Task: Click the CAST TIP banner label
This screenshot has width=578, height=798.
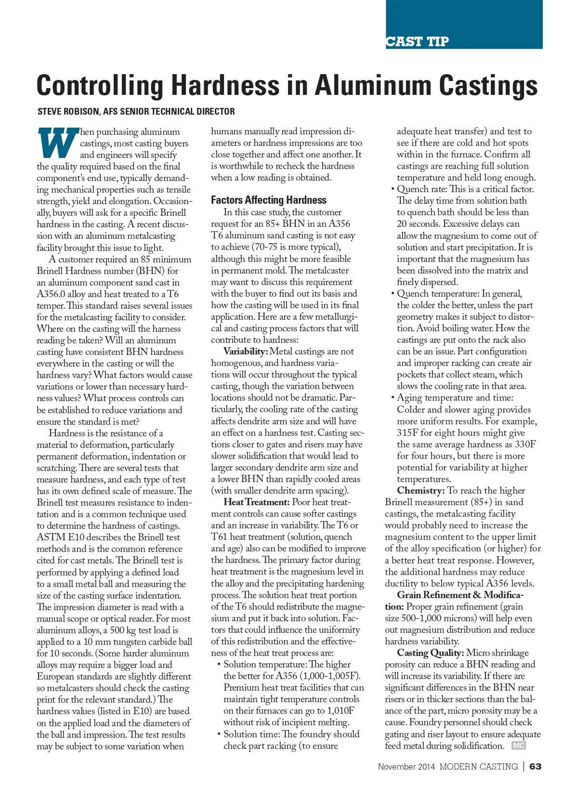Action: [x=417, y=42]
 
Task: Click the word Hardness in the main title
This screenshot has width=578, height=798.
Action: [x=225, y=85]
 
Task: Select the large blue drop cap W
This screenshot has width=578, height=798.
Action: [x=57, y=143]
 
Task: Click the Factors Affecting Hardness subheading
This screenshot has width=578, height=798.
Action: [x=268, y=200]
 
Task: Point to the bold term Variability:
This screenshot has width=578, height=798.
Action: [x=245, y=352]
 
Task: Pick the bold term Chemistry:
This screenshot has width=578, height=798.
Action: [x=420, y=490]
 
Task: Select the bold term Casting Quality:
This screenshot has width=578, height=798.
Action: [x=430, y=653]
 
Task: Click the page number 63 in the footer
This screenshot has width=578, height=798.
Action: [x=535, y=766]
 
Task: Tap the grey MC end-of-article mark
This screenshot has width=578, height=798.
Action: [x=518, y=746]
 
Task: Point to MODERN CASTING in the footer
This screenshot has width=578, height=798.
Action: [x=478, y=766]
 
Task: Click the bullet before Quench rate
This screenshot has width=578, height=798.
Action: [x=393, y=189]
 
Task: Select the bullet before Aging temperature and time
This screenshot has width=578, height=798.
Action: [x=393, y=398]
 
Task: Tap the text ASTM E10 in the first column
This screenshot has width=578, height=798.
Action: [x=59, y=537]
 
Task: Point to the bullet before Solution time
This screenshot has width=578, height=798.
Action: [x=219, y=734]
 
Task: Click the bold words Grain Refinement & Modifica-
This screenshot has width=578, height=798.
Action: [x=460, y=595]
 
